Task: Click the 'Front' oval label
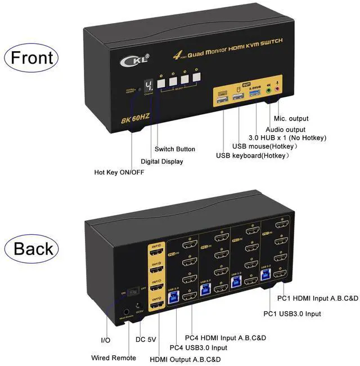tap(31, 57)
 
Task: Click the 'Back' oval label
tap(31, 248)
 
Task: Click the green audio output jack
tap(268, 90)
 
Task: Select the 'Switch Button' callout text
tap(175, 149)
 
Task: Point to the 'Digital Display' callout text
tap(162, 162)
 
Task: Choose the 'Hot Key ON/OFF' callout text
tap(119, 172)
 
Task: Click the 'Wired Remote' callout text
tap(114, 358)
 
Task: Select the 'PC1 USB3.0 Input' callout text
tap(292, 314)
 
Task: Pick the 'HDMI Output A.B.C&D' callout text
tap(185, 359)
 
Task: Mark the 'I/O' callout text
tap(106, 341)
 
